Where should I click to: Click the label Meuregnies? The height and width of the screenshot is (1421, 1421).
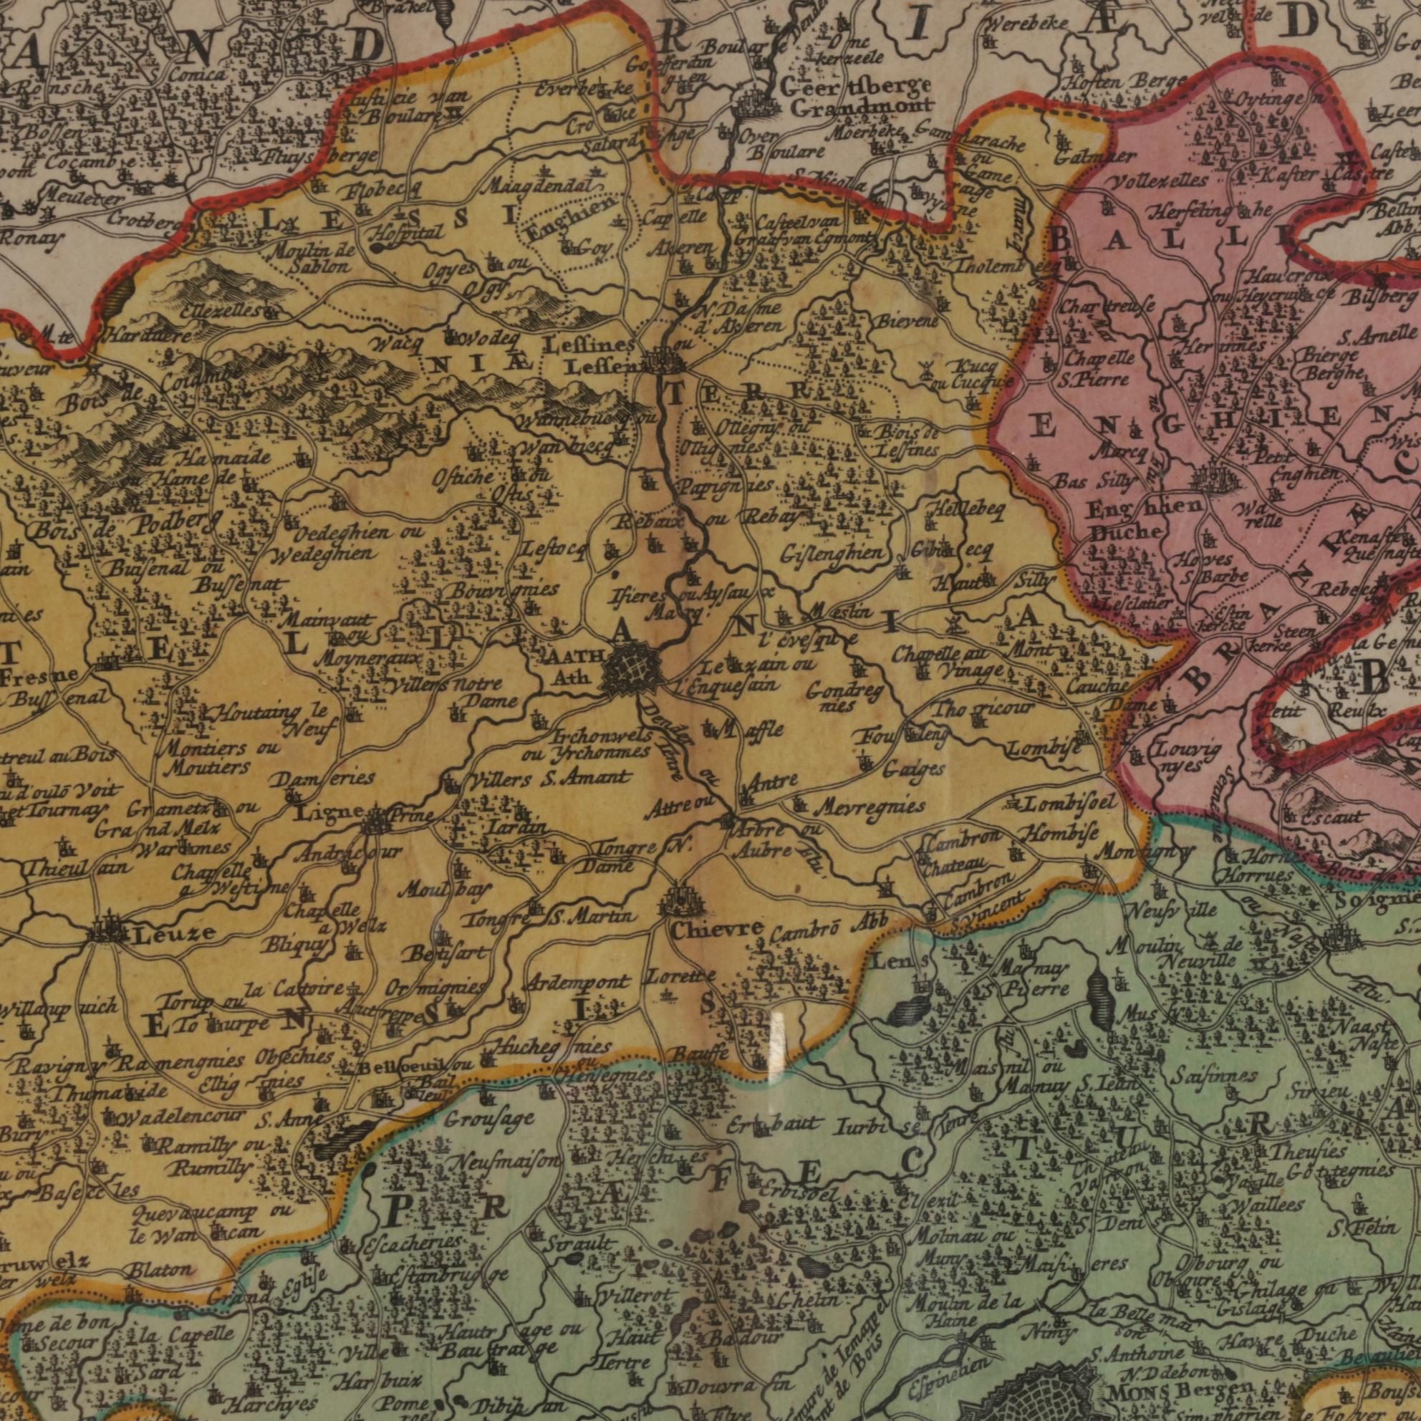(x=872, y=808)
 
